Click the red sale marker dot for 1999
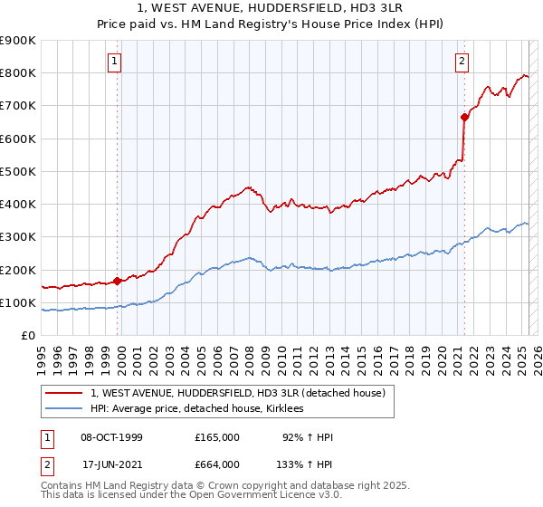tap(118, 281)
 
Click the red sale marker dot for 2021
tap(464, 117)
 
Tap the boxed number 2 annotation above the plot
tap(462, 62)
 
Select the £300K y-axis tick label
tap(18, 237)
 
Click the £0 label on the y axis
tap(28, 336)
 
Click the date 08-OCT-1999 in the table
tap(112, 437)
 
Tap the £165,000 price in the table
tap(217, 437)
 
